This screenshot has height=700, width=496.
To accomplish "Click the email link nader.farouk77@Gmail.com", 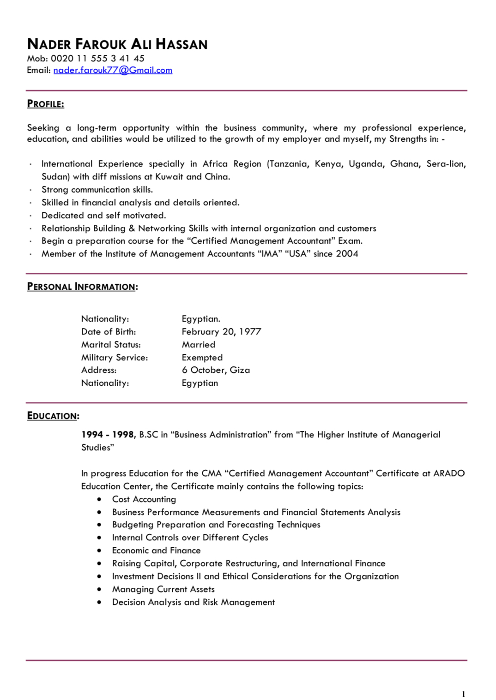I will tap(113, 70).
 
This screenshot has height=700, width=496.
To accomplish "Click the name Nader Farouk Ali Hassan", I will tap(117, 44).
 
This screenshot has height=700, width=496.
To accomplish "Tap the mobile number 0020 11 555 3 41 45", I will tap(97, 59).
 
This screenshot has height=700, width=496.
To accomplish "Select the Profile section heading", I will tap(45, 104).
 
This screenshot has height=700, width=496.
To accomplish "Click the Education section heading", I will tap(53, 416).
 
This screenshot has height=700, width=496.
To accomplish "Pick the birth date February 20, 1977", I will tap(221, 332).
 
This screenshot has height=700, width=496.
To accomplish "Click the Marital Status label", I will tap(111, 345).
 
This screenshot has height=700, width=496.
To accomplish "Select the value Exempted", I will tap(202, 358).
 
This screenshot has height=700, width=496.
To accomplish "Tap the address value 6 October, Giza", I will tap(216, 370).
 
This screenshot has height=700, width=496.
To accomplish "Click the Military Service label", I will tap(115, 358).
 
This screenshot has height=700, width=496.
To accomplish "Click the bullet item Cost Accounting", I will tap(144, 499).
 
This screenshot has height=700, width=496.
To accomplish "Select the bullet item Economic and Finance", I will tap(156, 550).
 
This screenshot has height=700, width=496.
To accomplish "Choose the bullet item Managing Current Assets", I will tap(163, 589).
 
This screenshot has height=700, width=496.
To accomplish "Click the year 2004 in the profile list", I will tap(347, 254).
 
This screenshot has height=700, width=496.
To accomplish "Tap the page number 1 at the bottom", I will tap(463, 694).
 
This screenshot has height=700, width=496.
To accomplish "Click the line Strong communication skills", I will tap(97, 190).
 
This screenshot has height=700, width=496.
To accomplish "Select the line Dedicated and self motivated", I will tap(103, 215).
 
